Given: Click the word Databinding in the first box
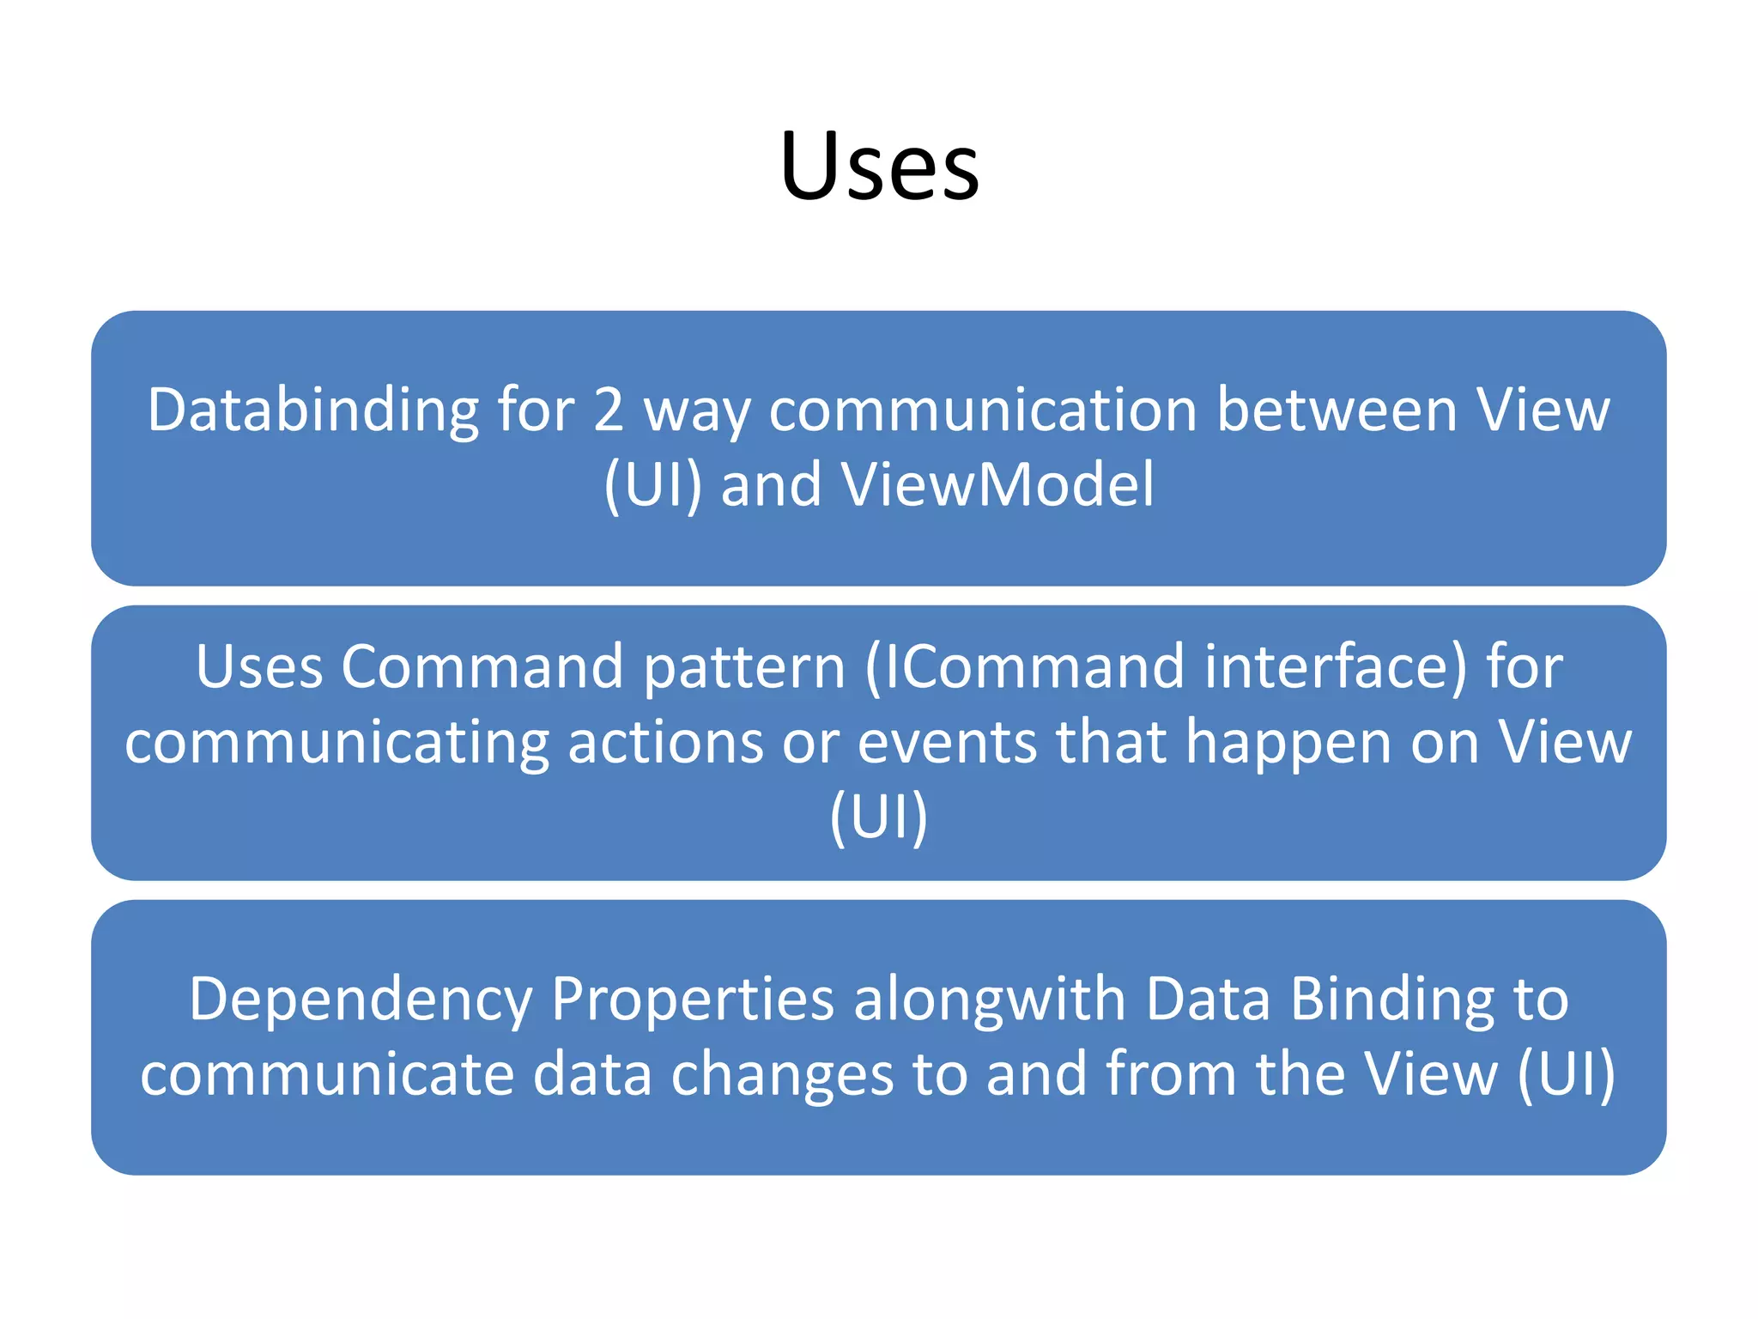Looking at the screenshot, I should pyautogui.click(x=312, y=410).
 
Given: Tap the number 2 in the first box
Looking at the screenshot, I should pyautogui.click(x=608, y=410).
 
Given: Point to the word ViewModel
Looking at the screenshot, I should pyautogui.click(x=997, y=486).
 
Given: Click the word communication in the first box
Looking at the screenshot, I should pyautogui.click(x=982, y=410).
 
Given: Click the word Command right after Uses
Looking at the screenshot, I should pyautogui.click(x=482, y=667).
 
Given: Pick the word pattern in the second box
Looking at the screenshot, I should pyautogui.click(x=744, y=667).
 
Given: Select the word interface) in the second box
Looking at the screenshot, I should pyautogui.click(x=1336, y=667).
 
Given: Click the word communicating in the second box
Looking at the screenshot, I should pyautogui.click(x=336, y=742).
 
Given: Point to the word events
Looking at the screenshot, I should pyautogui.click(x=947, y=742).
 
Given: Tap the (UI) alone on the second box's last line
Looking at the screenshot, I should pyautogui.click(x=879, y=818).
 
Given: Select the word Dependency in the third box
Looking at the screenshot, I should pyautogui.click(x=361, y=1000).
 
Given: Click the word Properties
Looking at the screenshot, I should pyautogui.click(x=692, y=999).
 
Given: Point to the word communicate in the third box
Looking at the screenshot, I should pyautogui.click(x=326, y=1075).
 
